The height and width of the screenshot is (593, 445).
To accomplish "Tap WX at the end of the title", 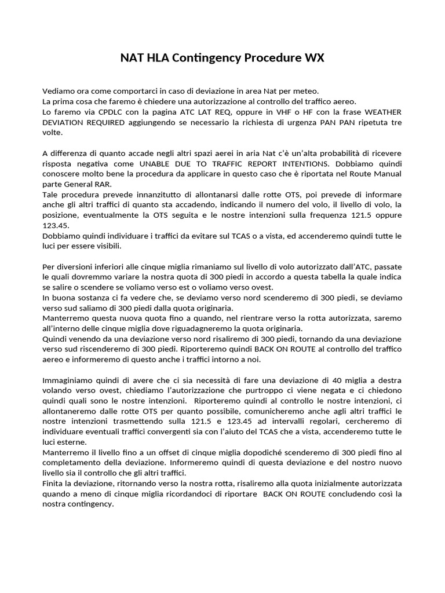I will [x=313, y=58].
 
